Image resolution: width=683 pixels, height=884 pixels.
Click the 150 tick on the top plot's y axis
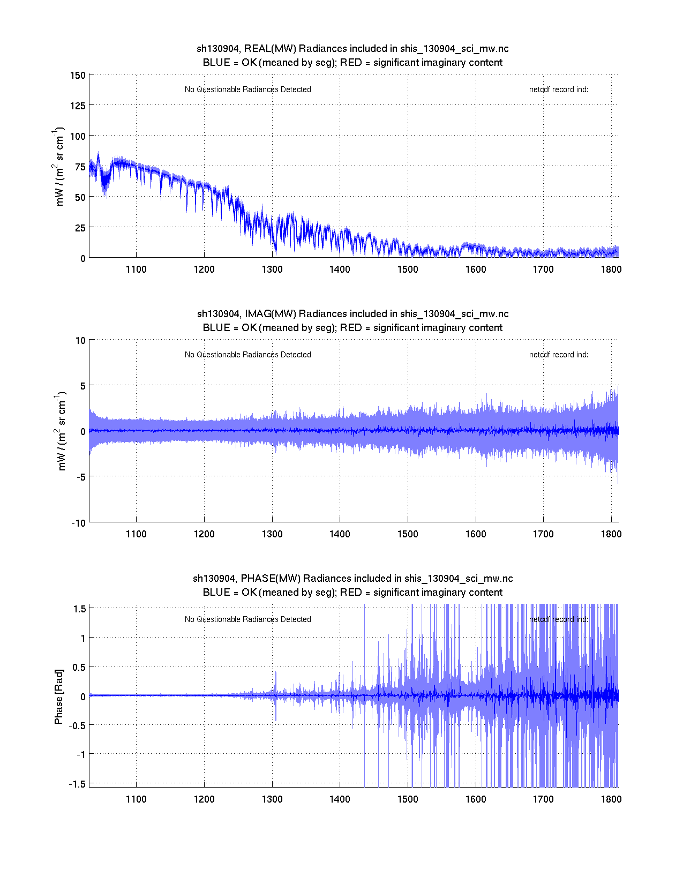click(x=78, y=76)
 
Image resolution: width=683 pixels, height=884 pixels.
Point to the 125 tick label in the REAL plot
click(x=78, y=106)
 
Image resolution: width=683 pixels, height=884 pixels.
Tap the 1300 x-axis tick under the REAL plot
click(x=272, y=269)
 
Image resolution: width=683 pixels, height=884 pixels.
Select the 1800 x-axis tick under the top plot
click(x=611, y=269)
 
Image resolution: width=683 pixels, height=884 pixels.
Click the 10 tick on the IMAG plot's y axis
click(x=80, y=341)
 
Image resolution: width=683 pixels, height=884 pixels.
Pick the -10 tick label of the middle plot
click(x=78, y=523)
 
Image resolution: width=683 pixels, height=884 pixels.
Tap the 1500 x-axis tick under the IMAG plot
click(x=408, y=534)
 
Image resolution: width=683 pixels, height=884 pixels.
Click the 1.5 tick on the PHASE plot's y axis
click(x=80, y=609)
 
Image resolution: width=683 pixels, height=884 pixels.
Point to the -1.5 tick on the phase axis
click(x=78, y=784)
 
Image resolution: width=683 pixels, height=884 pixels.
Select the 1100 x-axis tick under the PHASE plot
click(x=136, y=799)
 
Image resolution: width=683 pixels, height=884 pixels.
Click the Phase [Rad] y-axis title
click(x=59, y=696)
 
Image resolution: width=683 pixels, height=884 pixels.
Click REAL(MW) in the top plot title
click(x=270, y=49)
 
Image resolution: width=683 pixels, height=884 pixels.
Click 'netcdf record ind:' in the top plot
click(x=559, y=89)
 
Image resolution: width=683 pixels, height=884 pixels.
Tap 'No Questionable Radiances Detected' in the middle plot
click(x=248, y=355)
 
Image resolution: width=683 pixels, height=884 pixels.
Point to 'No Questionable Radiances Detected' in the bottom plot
click(x=248, y=619)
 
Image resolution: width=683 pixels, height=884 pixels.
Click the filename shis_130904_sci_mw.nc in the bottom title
click(x=459, y=579)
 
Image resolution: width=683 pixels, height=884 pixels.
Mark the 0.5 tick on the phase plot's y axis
click(x=79, y=667)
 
